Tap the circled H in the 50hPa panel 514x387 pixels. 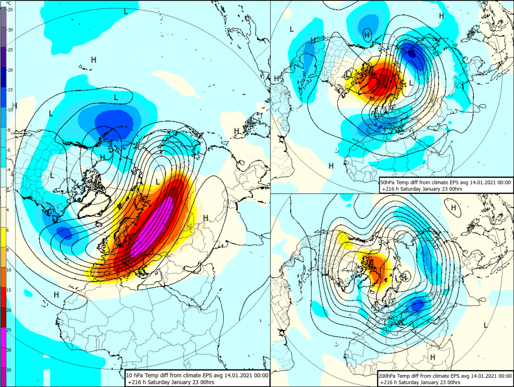pyautogui.click(x=367, y=34)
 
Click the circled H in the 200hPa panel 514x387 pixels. pyautogui.click(x=454, y=208)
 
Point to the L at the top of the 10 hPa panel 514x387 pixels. pyautogui.click(x=126, y=11)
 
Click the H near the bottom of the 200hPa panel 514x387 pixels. pyautogui.click(x=433, y=357)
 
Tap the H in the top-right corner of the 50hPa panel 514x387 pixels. pyautogui.click(x=441, y=16)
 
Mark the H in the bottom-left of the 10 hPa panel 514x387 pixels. pyautogui.click(x=57, y=294)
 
